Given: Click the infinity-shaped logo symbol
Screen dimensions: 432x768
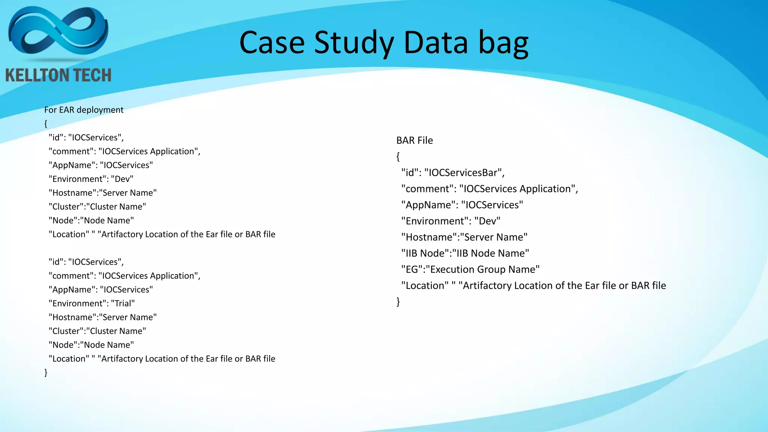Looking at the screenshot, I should coord(58,33).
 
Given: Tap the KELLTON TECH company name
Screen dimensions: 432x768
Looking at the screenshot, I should coord(58,75).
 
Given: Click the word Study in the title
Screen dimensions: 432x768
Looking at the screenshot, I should coord(354,43).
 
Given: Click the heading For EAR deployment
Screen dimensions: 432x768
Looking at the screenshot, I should coord(84,110).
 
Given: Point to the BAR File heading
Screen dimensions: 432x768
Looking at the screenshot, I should coord(414,140).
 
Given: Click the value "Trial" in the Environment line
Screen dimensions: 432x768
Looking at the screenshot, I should coord(123,303).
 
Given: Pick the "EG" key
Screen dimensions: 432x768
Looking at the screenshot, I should coord(412,269).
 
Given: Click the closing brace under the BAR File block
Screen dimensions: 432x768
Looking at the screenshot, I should coord(398,301).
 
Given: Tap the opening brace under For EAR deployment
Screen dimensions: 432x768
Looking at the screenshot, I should coord(46,124).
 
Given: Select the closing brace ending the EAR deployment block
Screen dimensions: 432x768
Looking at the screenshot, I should coord(46,372).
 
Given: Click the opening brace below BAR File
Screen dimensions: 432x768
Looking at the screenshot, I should coord(398,156).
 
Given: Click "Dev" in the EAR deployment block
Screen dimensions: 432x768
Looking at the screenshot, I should coord(122,179).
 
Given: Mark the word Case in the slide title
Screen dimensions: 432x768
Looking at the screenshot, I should coord(272,43).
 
